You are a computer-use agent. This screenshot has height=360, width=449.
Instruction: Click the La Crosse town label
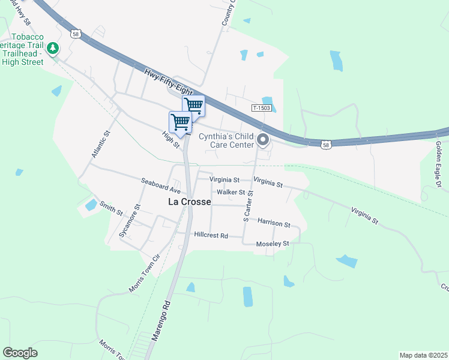coord(189,202)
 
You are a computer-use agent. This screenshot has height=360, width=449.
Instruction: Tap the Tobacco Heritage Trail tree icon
coord(53,47)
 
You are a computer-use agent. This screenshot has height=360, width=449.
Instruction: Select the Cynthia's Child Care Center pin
coord(263,141)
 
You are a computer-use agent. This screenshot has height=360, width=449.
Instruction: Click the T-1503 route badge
coord(262,108)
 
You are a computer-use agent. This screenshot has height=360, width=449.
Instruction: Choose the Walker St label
coord(231,192)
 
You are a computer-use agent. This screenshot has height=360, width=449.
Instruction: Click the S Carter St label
coord(247,206)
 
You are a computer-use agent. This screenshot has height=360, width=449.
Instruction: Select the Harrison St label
coord(274,223)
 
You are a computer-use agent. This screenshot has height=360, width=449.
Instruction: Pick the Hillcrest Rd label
coord(211,236)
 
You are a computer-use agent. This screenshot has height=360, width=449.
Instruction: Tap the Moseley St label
coord(273,244)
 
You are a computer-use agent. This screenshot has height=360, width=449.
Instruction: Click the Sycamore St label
coord(129,221)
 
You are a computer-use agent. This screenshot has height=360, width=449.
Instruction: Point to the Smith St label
coord(112,209)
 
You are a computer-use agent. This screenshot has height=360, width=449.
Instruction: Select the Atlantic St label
coord(101,145)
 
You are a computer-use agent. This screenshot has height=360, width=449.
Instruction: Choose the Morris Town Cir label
coord(145,274)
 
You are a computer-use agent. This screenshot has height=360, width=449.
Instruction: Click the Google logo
coord(20,353)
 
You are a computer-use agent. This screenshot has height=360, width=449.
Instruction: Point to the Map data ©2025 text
coord(423,355)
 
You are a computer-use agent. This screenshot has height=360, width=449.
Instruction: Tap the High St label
coord(171,140)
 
